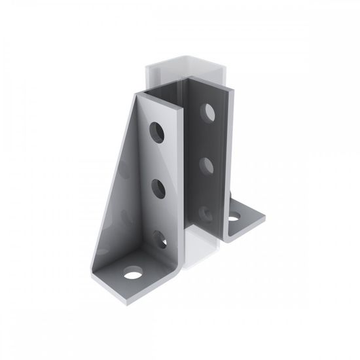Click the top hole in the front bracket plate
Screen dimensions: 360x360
pyautogui.click(x=158, y=132)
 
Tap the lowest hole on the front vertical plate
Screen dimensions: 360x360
pyautogui.click(x=160, y=238)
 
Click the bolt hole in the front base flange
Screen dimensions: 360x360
pyautogui.click(x=133, y=273)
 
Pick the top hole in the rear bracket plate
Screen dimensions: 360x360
pyautogui.click(x=208, y=113)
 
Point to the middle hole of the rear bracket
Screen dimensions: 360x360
pyautogui.click(x=207, y=165)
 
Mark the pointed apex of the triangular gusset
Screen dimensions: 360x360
pyautogui.click(x=139, y=96)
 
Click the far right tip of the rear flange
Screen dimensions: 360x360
pyautogui.click(x=264, y=215)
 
